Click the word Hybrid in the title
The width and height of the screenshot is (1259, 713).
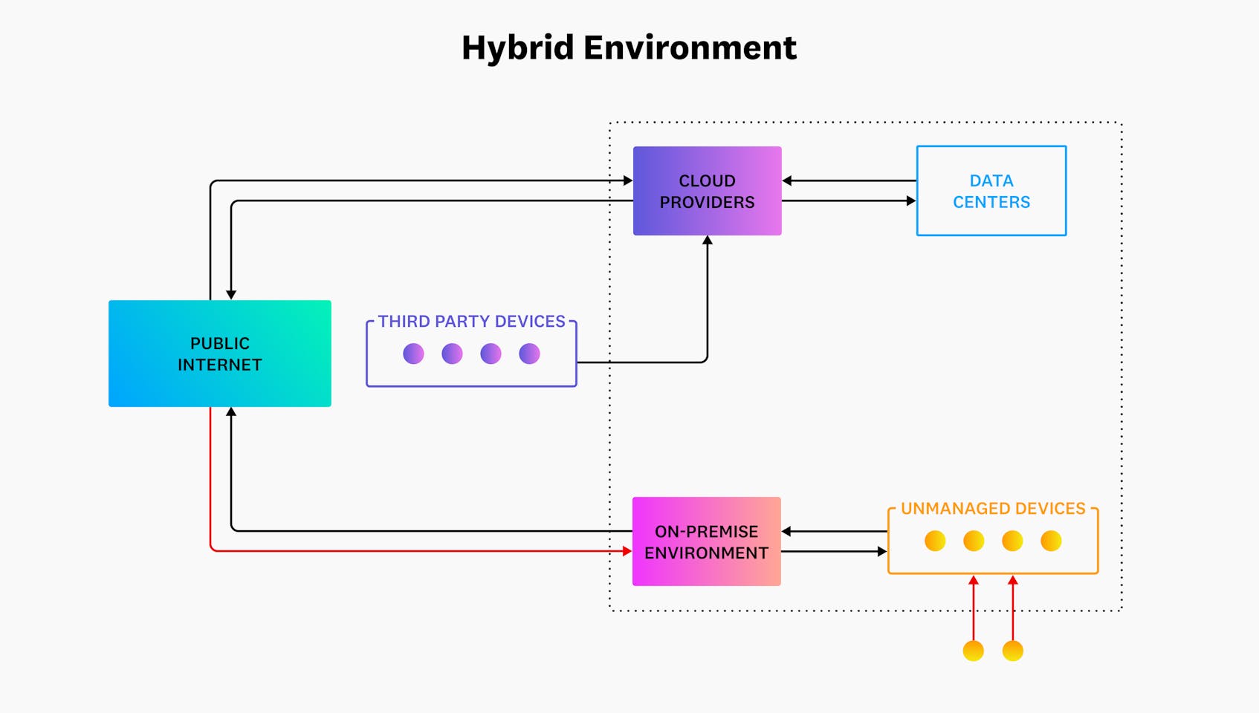[517, 48]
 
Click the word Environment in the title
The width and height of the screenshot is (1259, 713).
[690, 48]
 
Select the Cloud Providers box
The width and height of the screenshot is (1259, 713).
[707, 191]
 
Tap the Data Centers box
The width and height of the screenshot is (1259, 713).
[991, 191]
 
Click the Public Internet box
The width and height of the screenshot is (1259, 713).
[219, 354]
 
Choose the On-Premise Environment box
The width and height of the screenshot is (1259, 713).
[706, 541]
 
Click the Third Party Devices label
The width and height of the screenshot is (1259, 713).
[471, 322]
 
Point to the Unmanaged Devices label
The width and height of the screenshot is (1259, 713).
[993, 509]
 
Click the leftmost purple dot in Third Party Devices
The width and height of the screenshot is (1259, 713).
[413, 354]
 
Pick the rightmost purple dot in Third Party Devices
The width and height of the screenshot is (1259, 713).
[529, 354]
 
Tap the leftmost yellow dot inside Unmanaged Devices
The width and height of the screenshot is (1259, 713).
[935, 541]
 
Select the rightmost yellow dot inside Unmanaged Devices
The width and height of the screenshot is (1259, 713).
[1051, 541]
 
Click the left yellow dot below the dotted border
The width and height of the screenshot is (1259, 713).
[973, 651]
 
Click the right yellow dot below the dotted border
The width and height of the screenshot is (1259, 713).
[1012, 651]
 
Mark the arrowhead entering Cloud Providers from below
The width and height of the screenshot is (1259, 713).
[707, 241]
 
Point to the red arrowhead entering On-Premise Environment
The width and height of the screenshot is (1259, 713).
[627, 551]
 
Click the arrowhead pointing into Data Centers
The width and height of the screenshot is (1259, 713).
[911, 201]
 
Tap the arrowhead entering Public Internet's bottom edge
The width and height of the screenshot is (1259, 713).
[231, 411]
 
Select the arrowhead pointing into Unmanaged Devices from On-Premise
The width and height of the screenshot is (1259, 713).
[882, 551]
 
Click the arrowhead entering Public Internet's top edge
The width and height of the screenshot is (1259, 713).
[231, 295]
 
